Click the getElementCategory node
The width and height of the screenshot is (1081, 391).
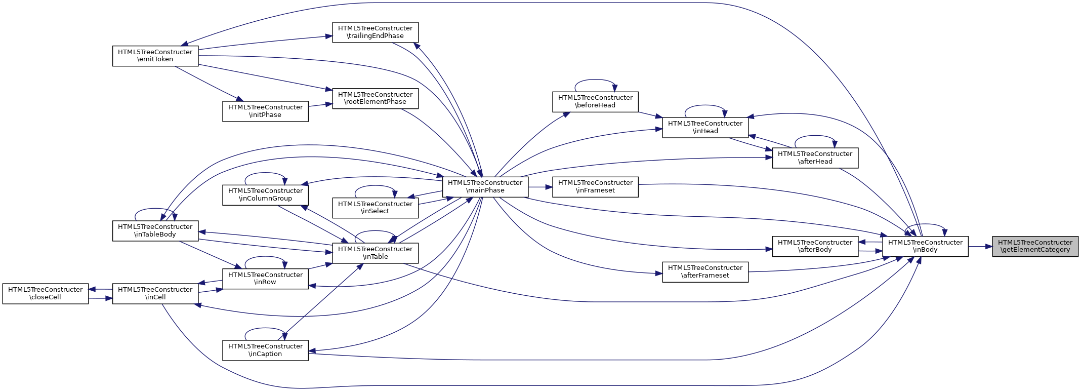[1035, 246]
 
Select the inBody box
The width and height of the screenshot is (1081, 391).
[925, 246]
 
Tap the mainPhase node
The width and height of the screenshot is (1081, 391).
[485, 186]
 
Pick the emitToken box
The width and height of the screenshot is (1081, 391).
[155, 56]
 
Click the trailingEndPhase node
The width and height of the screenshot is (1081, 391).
[375, 32]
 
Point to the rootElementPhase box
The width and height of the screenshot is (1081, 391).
[375, 98]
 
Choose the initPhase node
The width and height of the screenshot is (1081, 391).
[265, 111]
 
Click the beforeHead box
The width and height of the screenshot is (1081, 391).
[595, 101]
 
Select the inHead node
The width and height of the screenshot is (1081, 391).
[705, 127]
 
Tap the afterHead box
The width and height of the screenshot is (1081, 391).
[815, 158]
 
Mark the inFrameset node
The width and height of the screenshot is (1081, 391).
[595, 186]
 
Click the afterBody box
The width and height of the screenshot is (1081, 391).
[815, 246]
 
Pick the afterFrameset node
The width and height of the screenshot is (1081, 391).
[705, 271]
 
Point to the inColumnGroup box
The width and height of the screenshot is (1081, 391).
[265, 194]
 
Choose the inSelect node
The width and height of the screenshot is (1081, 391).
[375, 208]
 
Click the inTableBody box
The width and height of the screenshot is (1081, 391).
[155, 230]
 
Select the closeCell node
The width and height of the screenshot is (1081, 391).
[46, 293]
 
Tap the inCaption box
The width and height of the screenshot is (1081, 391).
[265, 350]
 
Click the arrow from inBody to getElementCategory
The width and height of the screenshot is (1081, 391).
[980, 247]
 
